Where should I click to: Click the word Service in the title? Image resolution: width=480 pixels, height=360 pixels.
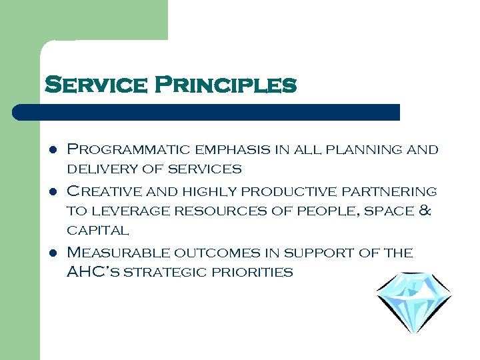click(x=95, y=85)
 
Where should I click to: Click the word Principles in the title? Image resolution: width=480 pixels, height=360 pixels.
click(x=225, y=85)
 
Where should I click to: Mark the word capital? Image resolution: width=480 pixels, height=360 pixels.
click(x=98, y=231)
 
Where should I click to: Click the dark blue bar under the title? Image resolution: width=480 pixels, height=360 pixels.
click(x=207, y=112)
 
